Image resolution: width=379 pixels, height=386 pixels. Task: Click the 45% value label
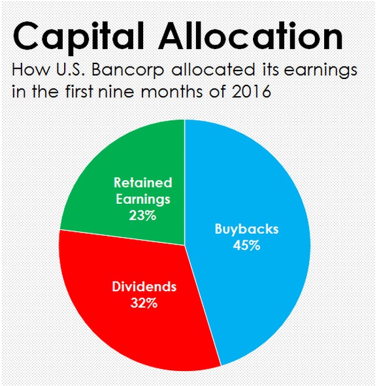pyautogui.click(x=246, y=246)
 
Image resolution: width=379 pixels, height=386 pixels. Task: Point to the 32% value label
pyautogui.click(x=144, y=303)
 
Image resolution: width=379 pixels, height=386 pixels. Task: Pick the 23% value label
pyautogui.click(x=142, y=216)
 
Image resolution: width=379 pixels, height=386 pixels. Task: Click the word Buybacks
pyautogui.click(x=246, y=229)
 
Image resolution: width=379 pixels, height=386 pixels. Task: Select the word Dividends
pyautogui.click(x=144, y=287)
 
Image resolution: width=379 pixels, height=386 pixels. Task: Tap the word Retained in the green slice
pyautogui.click(x=143, y=183)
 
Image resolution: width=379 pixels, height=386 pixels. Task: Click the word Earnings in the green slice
pyautogui.click(x=143, y=199)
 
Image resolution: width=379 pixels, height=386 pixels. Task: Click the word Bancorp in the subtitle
pyautogui.click(x=128, y=70)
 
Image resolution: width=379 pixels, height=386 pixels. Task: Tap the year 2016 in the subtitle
pyautogui.click(x=252, y=91)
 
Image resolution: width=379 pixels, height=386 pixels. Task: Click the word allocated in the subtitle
pyautogui.click(x=213, y=69)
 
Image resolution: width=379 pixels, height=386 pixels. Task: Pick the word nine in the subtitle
pyautogui.click(x=116, y=91)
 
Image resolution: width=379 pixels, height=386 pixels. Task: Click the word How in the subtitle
pyautogui.click(x=31, y=69)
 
